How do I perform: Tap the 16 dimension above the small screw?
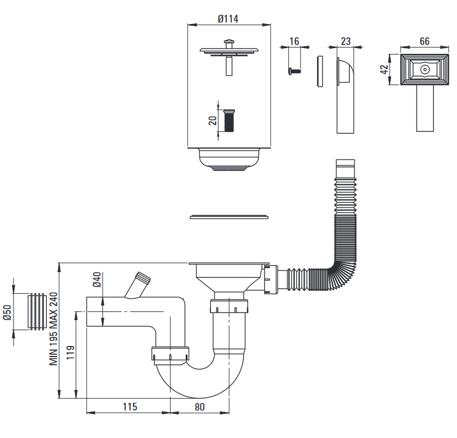tap(294, 41)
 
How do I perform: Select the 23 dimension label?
tap(345, 41)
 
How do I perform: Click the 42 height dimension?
tap(384, 69)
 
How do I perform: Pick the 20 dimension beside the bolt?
tap(213, 120)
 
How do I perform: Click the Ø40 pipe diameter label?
tap(97, 279)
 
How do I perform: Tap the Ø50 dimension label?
tap(8, 313)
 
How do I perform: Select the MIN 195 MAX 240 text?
tap(53, 328)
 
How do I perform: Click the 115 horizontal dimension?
tap(129, 406)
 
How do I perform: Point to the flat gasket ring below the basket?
tap(229, 218)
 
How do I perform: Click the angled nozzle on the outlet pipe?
tap(140, 284)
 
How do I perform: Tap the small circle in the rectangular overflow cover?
tap(424, 69)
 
